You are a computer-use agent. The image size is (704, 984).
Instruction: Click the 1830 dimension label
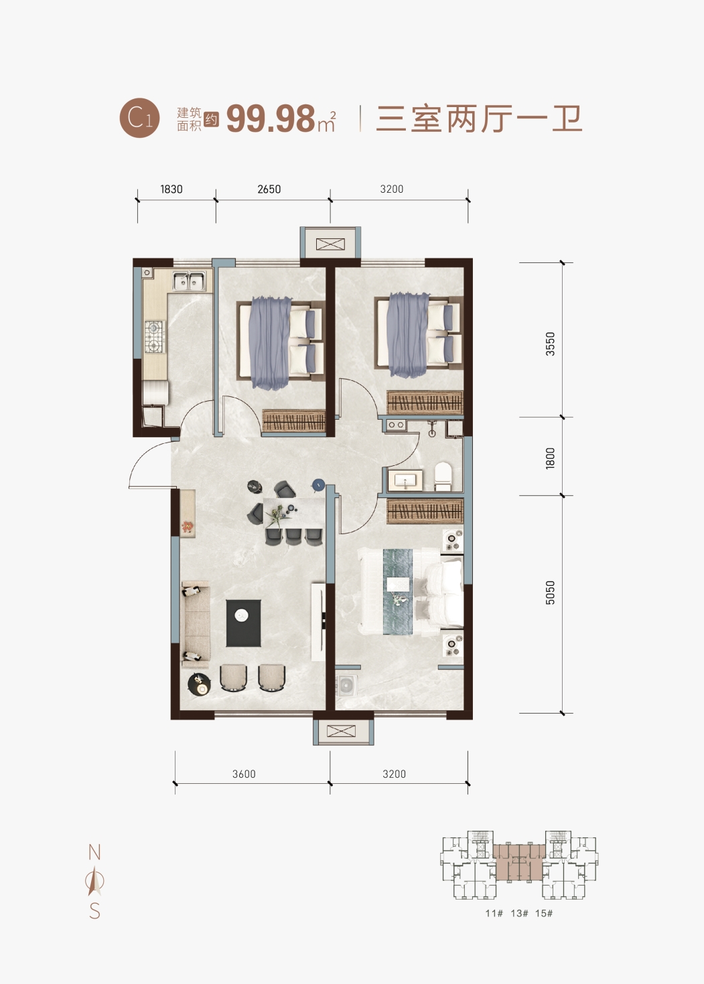point(171,189)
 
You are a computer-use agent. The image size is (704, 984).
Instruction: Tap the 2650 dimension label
point(269,189)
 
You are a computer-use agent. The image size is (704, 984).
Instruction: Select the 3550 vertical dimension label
point(550,344)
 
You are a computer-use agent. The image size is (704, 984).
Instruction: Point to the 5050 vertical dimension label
point(550,592)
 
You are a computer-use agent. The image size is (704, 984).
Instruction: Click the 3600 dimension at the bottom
point(244,774)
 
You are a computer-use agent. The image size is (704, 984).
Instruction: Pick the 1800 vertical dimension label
point(550,459)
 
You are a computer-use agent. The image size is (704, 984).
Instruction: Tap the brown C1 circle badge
point(139,118)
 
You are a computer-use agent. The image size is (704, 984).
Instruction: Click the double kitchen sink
point(189,281)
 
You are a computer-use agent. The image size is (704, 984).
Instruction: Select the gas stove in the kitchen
point(154,337)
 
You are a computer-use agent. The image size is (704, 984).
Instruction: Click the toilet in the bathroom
point(443,476)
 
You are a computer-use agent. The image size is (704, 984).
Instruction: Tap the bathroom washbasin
point(405,480)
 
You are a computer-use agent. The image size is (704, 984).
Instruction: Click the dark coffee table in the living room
point(243,623)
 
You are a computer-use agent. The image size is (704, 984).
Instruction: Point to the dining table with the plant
point(293,513)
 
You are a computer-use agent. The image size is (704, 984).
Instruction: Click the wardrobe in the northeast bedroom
point(425,402)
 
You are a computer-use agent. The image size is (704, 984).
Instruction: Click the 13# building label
point(519,913)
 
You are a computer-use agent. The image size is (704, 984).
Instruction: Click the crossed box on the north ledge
point(330,244)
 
